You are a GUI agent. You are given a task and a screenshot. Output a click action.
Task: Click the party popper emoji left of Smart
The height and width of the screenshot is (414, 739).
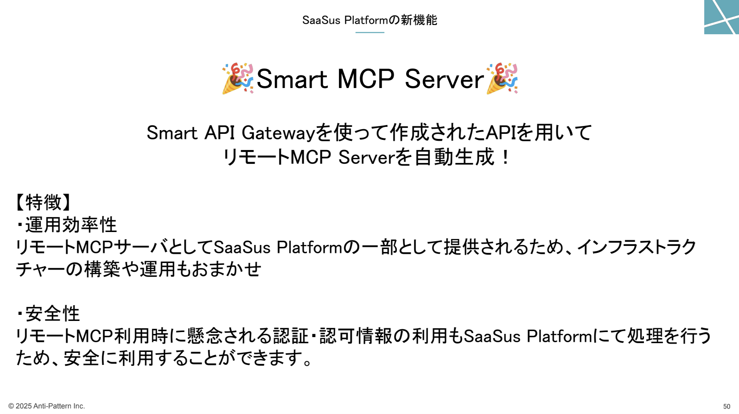pos(238,78)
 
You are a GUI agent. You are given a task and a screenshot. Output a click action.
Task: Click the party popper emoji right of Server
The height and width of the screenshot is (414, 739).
pos(502,78)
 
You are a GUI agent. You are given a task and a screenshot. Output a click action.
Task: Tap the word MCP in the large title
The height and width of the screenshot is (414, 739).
pos(365,79)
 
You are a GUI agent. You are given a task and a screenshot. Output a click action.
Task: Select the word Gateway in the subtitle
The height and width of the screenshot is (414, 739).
pos(279,133)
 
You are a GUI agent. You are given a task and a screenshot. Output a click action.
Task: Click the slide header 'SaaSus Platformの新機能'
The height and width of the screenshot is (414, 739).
pos(369,20)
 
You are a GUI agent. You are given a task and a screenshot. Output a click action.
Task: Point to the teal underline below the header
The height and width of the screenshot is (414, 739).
pos(370,32)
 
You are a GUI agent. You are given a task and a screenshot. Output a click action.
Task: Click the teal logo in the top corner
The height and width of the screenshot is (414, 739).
pos(721,17)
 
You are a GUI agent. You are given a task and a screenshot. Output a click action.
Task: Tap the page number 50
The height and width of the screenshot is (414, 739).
pos(726,407)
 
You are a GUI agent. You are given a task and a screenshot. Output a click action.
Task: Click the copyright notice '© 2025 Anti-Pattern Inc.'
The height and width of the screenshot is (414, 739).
pos(46,406)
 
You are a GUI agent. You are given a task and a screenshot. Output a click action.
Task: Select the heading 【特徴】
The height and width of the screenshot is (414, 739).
pos(43,202)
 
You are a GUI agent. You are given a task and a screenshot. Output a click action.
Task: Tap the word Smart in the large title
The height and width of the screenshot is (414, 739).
pos(292,79)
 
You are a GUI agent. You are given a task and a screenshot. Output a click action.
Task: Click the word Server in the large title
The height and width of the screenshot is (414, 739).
pos(444,79)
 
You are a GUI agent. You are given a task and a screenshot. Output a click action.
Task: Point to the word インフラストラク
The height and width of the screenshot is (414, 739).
pos(637,247)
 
